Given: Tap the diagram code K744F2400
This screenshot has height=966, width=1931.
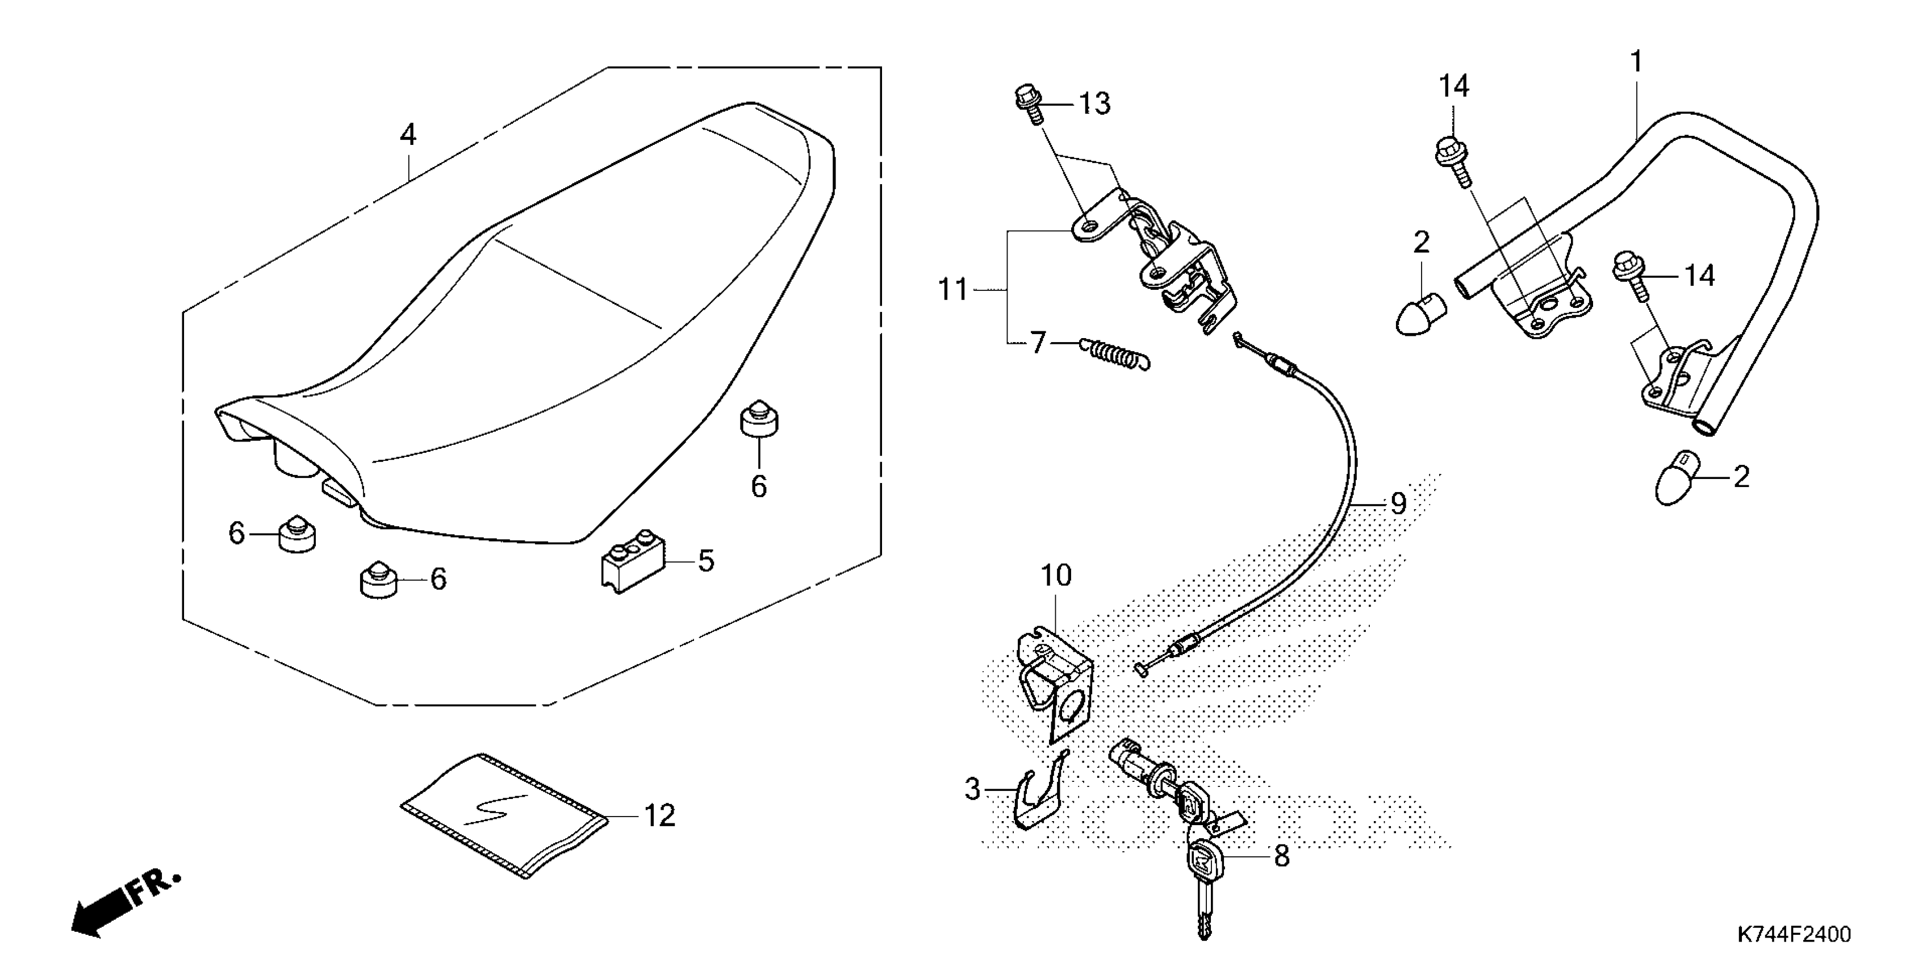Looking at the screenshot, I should [1792, 935].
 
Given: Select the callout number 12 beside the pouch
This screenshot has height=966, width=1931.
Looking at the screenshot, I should [659, 816].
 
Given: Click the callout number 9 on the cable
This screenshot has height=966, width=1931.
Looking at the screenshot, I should [1398, 503].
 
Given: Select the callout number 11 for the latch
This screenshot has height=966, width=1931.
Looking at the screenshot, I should [954, 289].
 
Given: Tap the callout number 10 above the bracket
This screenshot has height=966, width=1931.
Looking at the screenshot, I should [1056, 575].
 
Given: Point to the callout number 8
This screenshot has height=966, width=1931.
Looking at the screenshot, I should [1282, 855].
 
